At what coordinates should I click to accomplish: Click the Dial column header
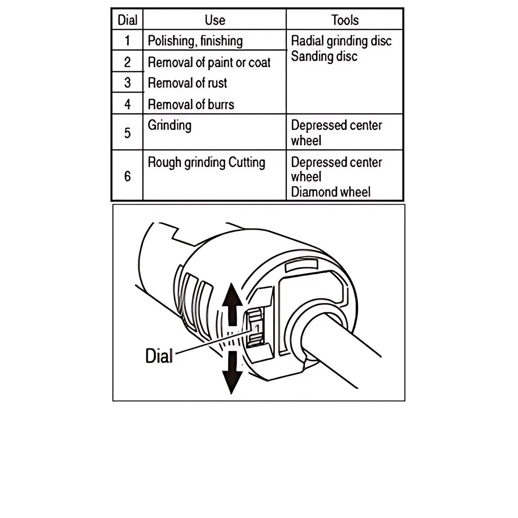127,20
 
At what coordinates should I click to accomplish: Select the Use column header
214,20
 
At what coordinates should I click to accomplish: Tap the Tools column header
344,20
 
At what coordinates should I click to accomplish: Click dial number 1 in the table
127,40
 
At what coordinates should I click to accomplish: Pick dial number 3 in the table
127,82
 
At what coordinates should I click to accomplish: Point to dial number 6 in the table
127,176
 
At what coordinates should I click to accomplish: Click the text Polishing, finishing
195,41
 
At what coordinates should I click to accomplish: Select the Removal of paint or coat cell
209,62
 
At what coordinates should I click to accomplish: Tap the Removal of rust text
187,83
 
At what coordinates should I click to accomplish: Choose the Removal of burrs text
191,104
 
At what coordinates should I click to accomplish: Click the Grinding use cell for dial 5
169,125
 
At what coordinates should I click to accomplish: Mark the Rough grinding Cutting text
206,163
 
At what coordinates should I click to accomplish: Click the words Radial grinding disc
341,41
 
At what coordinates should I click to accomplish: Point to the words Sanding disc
324,56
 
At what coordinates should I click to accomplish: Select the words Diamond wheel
331,192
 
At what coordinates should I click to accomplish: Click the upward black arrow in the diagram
233,304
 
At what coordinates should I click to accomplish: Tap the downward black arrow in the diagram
232,372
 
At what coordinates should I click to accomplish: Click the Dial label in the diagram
159,356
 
